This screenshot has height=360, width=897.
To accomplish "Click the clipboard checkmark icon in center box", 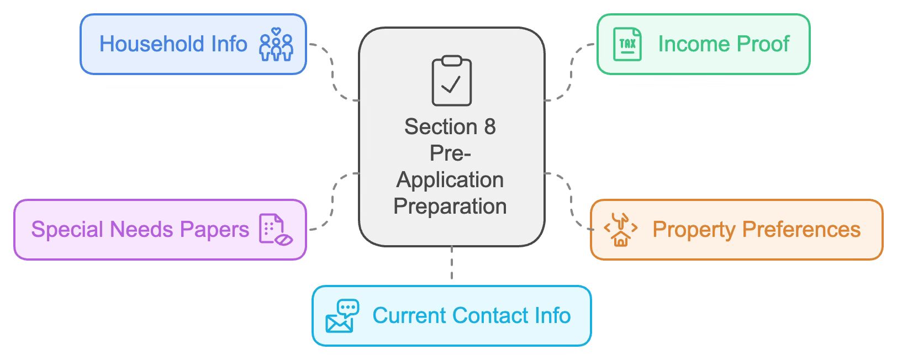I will point(451,81).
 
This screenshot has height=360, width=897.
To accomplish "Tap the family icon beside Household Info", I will point(276,45).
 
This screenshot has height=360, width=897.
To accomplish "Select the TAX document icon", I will point(627,44).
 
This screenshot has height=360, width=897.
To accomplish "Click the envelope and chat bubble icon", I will point(342,316).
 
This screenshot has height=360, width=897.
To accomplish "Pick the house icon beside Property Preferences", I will point(621,230).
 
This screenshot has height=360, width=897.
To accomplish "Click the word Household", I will point(144,44).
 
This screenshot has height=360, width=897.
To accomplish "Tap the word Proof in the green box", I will point(763,44).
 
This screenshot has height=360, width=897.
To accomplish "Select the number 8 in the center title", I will point(489,127).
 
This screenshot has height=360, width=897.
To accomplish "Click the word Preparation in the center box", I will point(450,207).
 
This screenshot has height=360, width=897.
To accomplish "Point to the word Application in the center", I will point(450,180).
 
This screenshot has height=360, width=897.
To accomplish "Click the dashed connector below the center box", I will point(452,263).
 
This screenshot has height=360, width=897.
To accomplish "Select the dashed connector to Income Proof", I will point(571,72).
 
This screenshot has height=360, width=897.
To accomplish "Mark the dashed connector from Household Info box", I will point(333,72).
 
